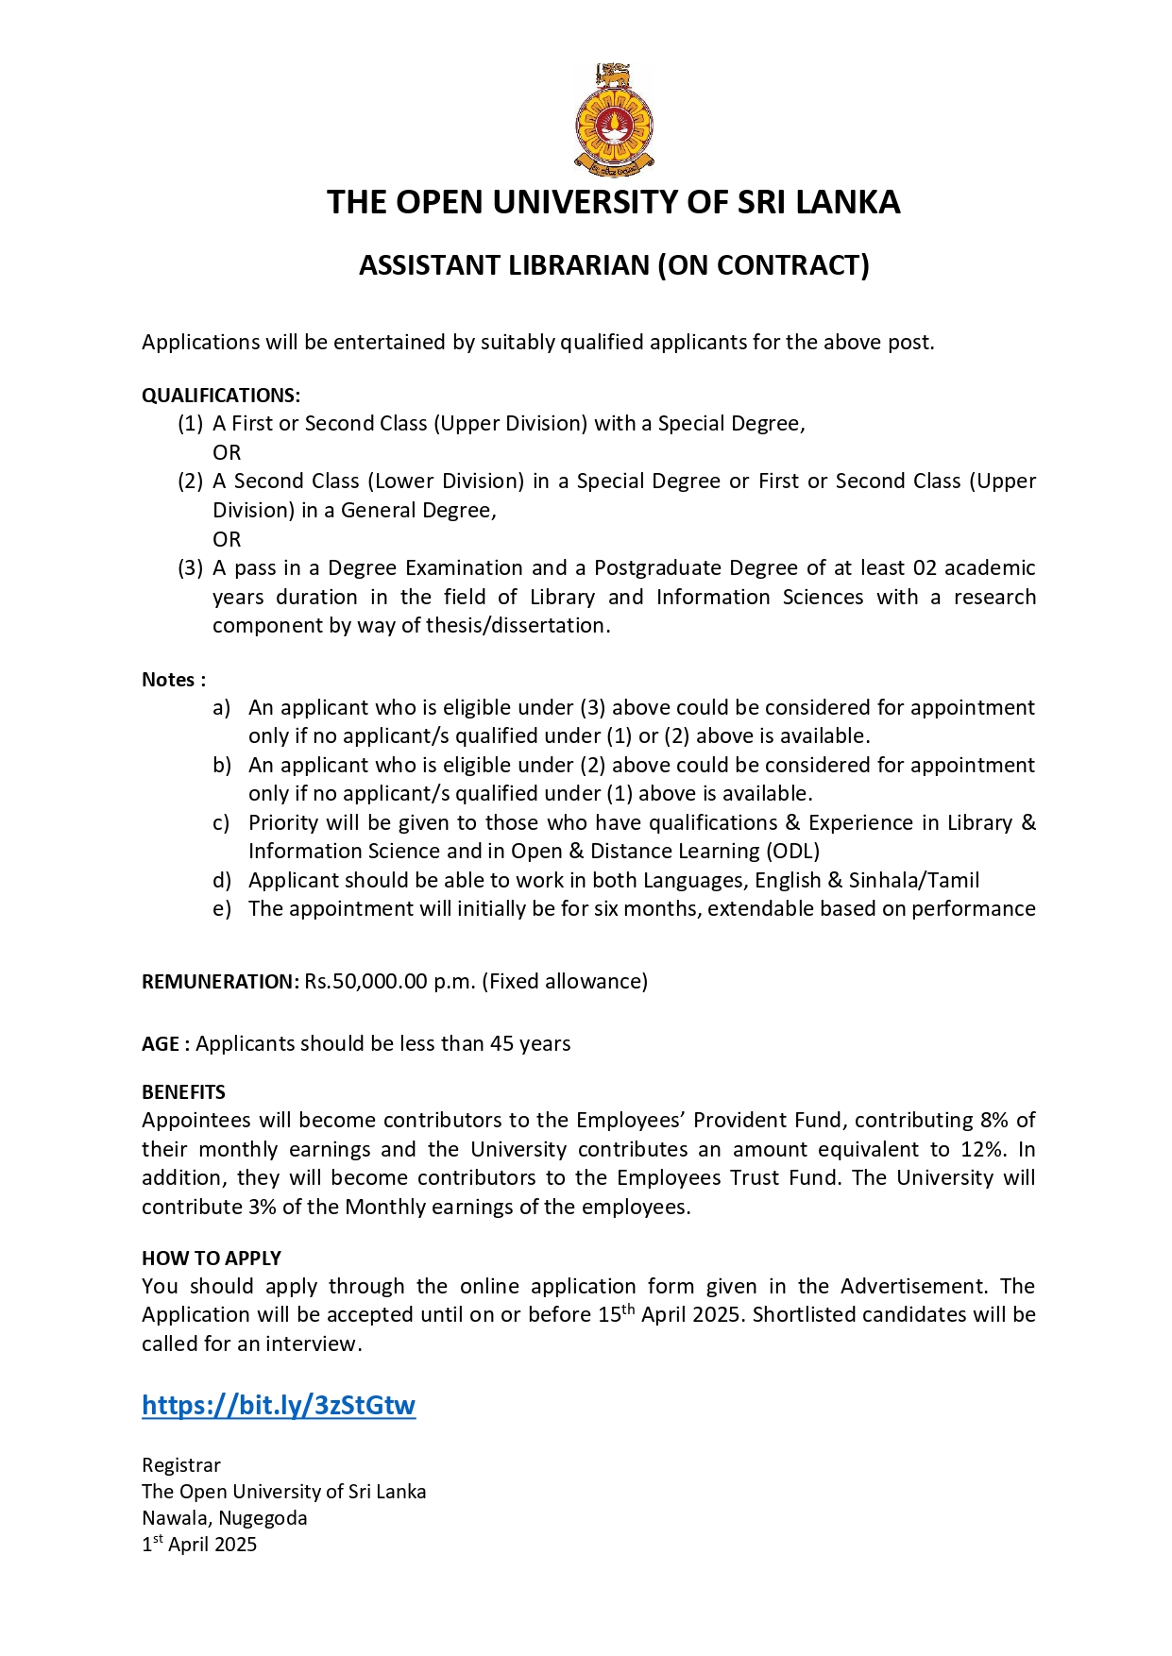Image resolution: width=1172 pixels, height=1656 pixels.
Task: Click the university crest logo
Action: pyautogui.click(x=614, y=120)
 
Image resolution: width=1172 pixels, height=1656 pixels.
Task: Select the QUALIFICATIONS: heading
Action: pyautogui.click(x=221, y=396)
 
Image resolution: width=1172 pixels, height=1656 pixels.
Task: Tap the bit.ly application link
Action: pyautogui.click(x=279, y=1405)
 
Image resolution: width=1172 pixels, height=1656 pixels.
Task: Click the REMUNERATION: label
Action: pyautogui.click(x=220, y=982)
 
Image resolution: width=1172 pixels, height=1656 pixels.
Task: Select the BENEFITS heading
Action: pyautogui.click(x=183, y=1092)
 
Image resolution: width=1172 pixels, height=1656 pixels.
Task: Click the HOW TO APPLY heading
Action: pyautogui.click(x=212, y=1259)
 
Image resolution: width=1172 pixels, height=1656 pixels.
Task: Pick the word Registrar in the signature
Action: pyautogui.click(x=181, y=1465)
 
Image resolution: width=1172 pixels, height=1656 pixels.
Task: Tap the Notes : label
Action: pyautogui.click(x=174, y=680)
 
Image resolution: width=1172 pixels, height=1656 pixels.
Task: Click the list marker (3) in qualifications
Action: pyautogui.click(x=191, y=568)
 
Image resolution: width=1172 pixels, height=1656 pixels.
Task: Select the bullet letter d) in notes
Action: pyautogui.click(x=222, y=881)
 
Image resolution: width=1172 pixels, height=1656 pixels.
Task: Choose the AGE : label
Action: pyautogui.click(x=165, y=1044)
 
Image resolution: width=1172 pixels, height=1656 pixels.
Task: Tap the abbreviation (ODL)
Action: pyautogui.click(x=792, y=852)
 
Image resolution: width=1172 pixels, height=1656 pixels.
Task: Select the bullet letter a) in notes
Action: pyautogui.click(x=222, y=708)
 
